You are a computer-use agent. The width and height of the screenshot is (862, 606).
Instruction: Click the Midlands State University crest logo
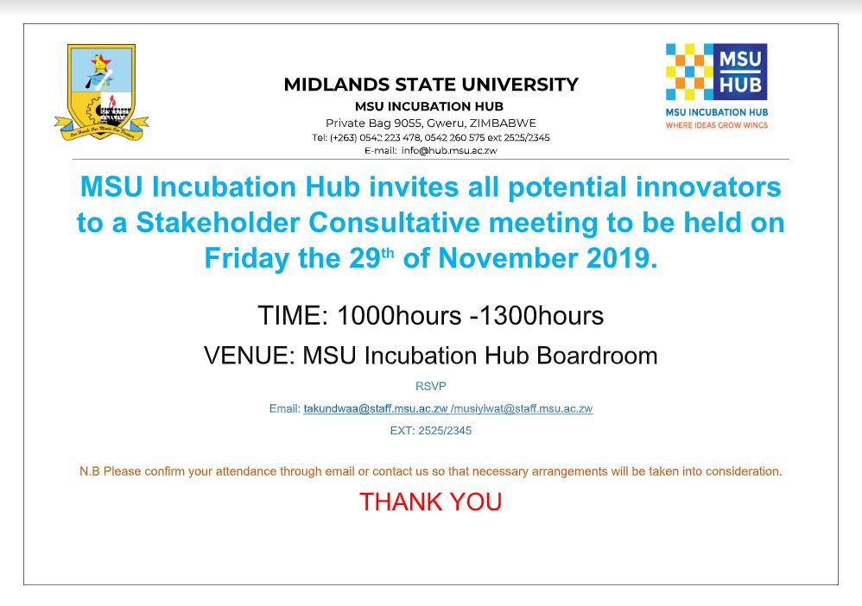[x=102, y=92]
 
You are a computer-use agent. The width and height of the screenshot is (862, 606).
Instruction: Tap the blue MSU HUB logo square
[x=740, y=72]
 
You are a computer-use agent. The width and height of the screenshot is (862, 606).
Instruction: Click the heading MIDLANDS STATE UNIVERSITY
[x=431, y=85]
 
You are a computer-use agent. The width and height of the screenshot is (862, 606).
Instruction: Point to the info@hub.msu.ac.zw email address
[x=449, y=150]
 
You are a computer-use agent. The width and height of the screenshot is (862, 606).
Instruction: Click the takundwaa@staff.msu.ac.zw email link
[x=376, y=409]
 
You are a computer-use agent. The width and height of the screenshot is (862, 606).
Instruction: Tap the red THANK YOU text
[x=430, y=502]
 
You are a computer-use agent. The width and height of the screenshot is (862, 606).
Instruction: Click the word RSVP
[x=430, y=386]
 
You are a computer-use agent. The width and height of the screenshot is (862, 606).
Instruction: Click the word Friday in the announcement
[x=247, y=259]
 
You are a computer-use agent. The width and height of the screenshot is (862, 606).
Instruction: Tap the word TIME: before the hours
[x=293, y=316]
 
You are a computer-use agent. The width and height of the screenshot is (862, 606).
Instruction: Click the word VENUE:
[x=250, y=356]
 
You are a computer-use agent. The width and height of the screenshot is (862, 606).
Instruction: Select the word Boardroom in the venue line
[x=597, y=356]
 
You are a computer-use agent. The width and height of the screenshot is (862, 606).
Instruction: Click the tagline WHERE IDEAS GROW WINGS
[x=716, y=125]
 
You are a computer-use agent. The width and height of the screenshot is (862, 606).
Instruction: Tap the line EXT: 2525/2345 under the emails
[x=430, y=431]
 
